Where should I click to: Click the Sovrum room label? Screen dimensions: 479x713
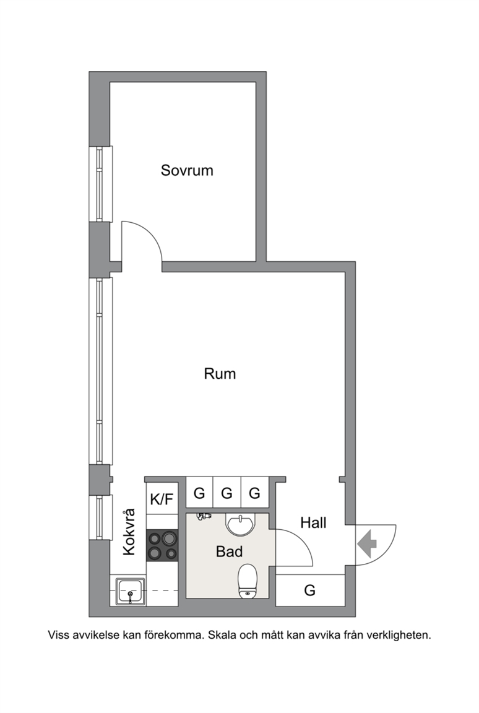[x=187, y=170]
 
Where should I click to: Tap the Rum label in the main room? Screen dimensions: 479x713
[x=220, y=374]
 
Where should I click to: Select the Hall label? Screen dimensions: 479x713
[x=314, y=523]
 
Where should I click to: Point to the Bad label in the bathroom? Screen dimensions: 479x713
[x=229, y=551]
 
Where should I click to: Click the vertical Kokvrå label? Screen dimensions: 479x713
[x=129, y=532]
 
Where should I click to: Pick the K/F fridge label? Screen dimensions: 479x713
[x=162, y=499]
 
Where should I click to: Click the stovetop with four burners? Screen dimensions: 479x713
[x=162, y=545]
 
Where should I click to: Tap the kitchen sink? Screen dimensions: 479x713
[x=131, y=591]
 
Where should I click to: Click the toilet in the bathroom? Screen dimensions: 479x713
[x=248, y=581]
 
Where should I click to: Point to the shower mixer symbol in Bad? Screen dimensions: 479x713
[x=202, y=516]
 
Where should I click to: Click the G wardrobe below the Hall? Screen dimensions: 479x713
[x=310, y=590]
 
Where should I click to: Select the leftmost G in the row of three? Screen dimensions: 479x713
[x=199, y=493]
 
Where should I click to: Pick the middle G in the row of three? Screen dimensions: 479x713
[x=227, y=493]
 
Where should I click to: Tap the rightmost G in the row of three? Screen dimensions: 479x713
[x=254, y=493]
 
